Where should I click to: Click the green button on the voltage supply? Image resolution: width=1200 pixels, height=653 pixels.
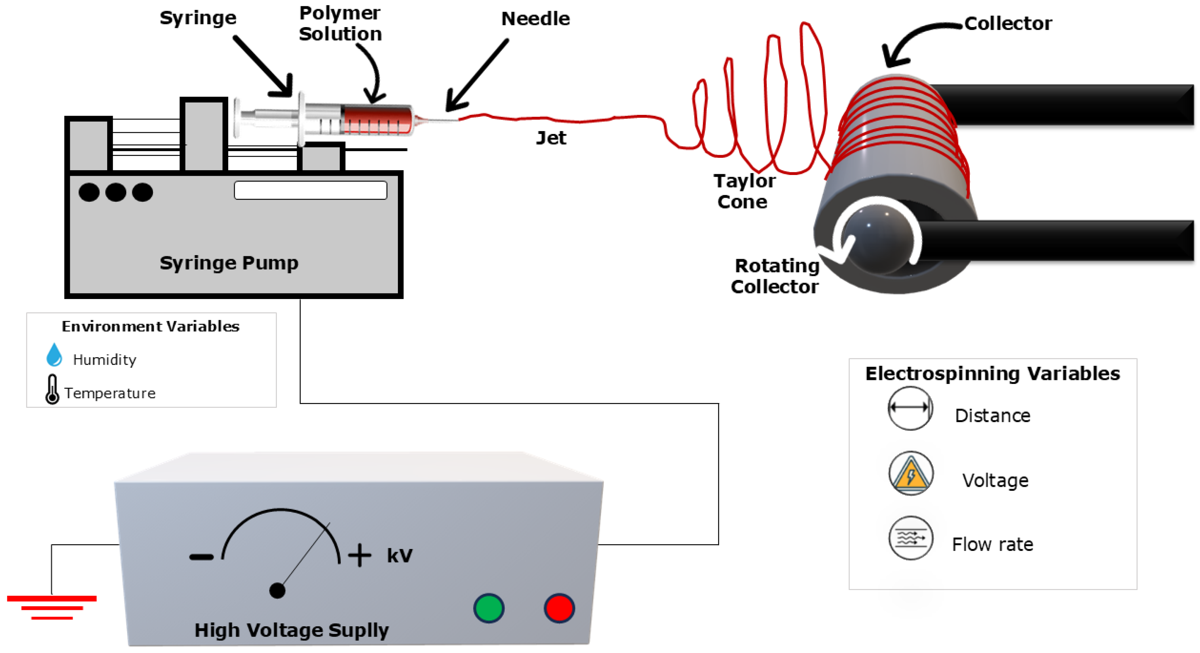(489, 608)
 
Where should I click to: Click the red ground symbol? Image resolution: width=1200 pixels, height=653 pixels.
(52, 607)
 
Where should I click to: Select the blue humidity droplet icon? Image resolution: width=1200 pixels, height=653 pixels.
(54, 355)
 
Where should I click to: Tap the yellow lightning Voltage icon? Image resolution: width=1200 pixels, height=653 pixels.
(911, 473)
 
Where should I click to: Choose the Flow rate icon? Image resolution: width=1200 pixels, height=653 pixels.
(911, 538)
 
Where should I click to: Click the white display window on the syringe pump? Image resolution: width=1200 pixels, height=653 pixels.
(310, 190)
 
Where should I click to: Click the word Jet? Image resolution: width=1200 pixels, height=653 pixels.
(551, 138)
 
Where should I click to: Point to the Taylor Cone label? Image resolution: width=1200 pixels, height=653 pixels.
(744, 191)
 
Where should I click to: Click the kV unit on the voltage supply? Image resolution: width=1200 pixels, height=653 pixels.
(400, 556)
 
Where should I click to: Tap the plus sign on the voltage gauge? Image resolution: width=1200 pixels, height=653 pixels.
(360, 555)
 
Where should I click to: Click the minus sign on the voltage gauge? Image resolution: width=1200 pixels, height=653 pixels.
(201, 556)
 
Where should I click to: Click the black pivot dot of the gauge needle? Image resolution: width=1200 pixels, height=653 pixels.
(277, 590)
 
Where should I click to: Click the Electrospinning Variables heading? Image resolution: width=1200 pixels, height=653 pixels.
(992, 374)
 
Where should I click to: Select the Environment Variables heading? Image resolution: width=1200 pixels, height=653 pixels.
(150, 326)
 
